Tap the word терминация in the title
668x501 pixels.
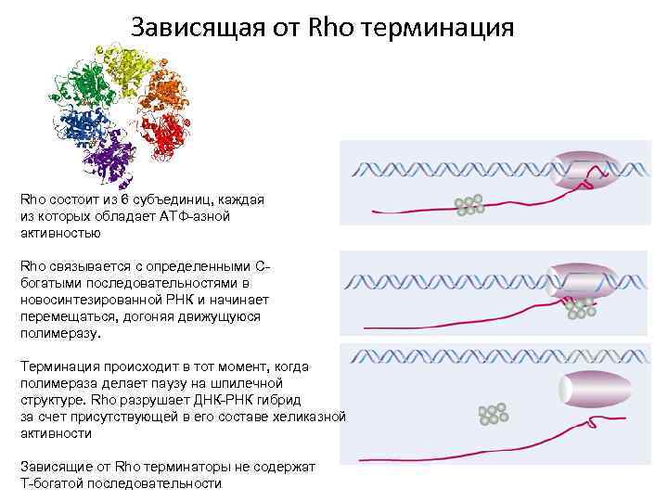[434, 27]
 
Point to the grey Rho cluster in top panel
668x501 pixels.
[469, 205]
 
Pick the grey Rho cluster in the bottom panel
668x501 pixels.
[493, 414]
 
